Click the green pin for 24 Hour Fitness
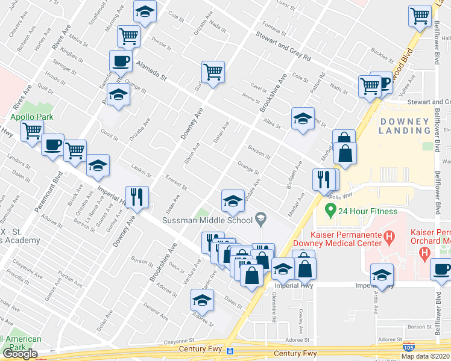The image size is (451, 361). pyautogui.click(x=330, y=211)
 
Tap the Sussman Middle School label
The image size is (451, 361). pyautogui.click(x=206, y=220)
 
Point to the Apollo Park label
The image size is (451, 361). pyautogui.click(x=31, y=117)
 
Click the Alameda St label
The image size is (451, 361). pyautogui.click(x=150, y=70)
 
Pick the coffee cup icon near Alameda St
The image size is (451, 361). pyautogui.click(x=121, y=61)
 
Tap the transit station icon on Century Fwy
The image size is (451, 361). pyautogui.click(x=230, y=351)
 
